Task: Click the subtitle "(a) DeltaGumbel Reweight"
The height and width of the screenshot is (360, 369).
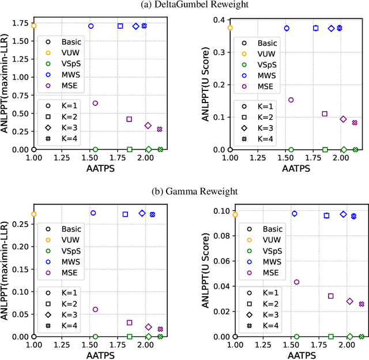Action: coord(184,5)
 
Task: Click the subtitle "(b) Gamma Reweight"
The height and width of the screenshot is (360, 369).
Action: coord(184,191)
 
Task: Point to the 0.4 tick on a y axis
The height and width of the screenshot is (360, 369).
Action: coord(220,20)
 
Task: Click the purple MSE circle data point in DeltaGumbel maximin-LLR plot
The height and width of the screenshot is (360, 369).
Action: coord(95,103)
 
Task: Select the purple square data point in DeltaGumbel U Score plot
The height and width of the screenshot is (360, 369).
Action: coord(325,114)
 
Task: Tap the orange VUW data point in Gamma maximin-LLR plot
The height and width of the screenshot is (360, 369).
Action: coord(34,214)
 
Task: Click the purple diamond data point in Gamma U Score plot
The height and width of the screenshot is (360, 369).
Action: coord(349,301)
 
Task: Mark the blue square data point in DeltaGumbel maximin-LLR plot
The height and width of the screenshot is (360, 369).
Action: coord(121,26)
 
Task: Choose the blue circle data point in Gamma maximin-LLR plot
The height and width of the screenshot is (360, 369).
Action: coord(93,213)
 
